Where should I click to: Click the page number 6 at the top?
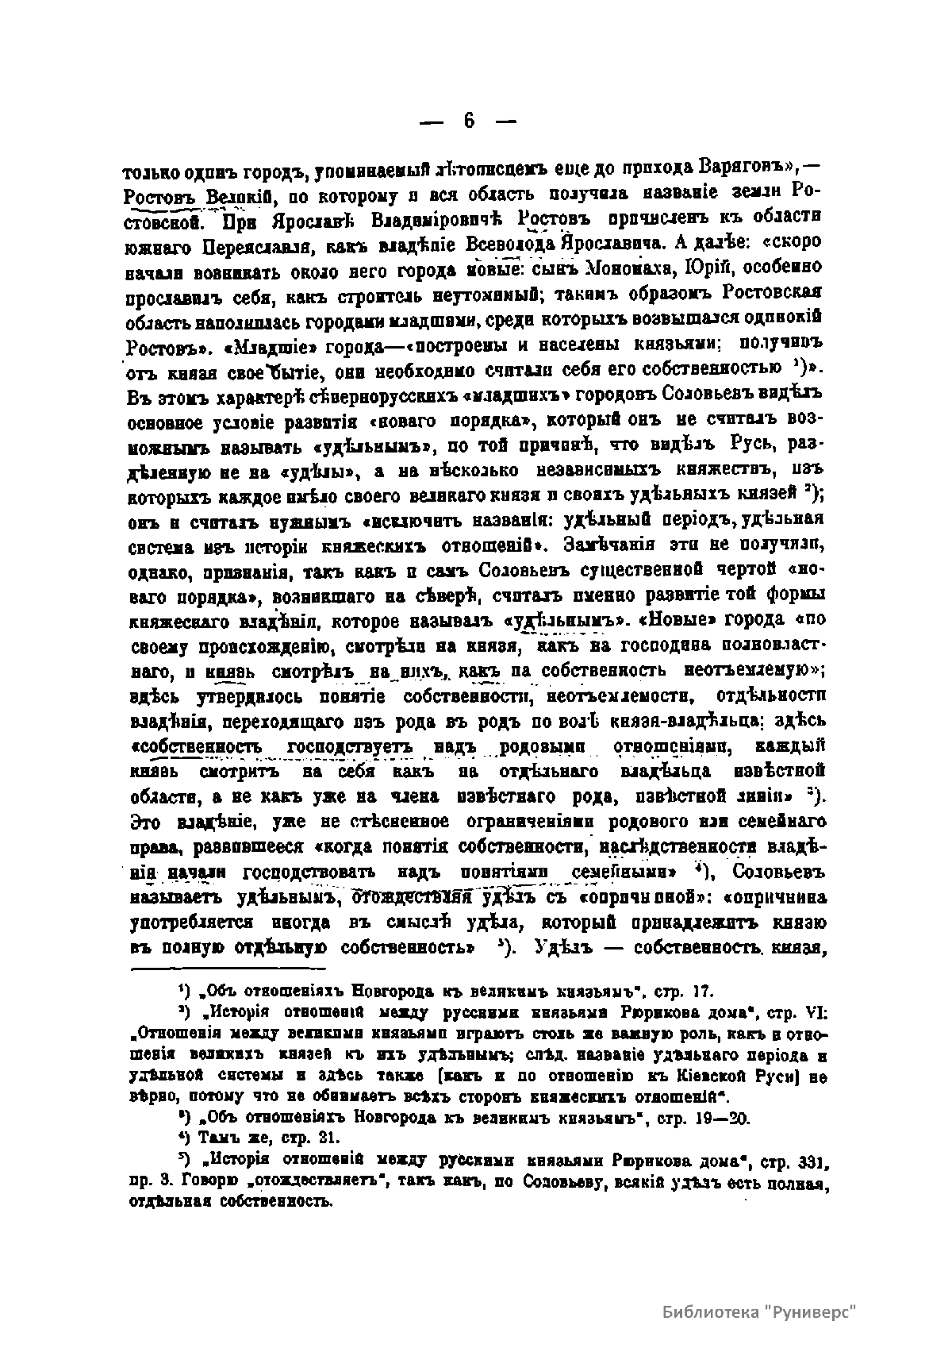tap(469, 121)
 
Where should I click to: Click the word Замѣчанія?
tap(608, 544)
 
